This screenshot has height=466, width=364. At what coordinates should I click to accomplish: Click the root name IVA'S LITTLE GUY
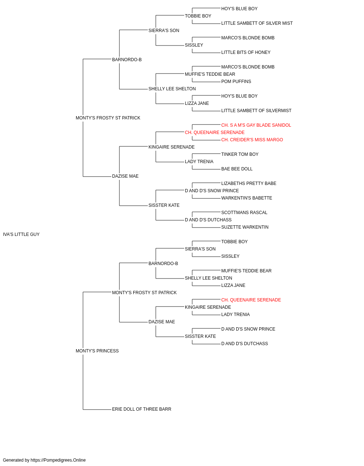21,234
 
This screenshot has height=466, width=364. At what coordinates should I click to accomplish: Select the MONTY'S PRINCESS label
97,351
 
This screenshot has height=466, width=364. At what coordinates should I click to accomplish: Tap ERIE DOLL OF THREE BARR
142,409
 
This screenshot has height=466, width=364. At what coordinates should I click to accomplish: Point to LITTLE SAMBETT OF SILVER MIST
257,23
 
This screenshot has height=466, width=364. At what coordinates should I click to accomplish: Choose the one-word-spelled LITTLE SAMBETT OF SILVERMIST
256,111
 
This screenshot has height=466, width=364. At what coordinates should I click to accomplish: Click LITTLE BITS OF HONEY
246,52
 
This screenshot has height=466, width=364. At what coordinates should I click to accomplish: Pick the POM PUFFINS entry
236,82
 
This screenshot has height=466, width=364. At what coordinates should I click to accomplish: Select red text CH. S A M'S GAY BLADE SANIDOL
256,125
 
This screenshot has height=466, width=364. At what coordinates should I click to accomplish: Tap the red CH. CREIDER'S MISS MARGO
252,140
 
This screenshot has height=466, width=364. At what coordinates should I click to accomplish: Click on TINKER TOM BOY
240,154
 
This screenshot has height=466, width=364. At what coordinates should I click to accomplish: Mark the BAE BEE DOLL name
237,169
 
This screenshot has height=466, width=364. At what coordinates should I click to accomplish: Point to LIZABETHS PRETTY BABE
249,183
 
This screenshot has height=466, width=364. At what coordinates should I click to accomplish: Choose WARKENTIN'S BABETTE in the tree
246,198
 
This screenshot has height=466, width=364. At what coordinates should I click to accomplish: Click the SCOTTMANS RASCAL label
244,213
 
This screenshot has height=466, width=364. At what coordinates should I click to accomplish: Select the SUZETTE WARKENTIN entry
245,227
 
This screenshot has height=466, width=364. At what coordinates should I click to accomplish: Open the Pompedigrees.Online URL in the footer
58,460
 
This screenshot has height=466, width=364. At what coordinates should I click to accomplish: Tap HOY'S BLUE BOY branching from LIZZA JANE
239,96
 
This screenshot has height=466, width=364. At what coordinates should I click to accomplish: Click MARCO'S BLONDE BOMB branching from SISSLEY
248,38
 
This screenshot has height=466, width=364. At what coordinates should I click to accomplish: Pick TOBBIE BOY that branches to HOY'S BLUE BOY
198,16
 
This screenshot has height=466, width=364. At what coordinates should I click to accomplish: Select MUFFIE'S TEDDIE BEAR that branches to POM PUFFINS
210,74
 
